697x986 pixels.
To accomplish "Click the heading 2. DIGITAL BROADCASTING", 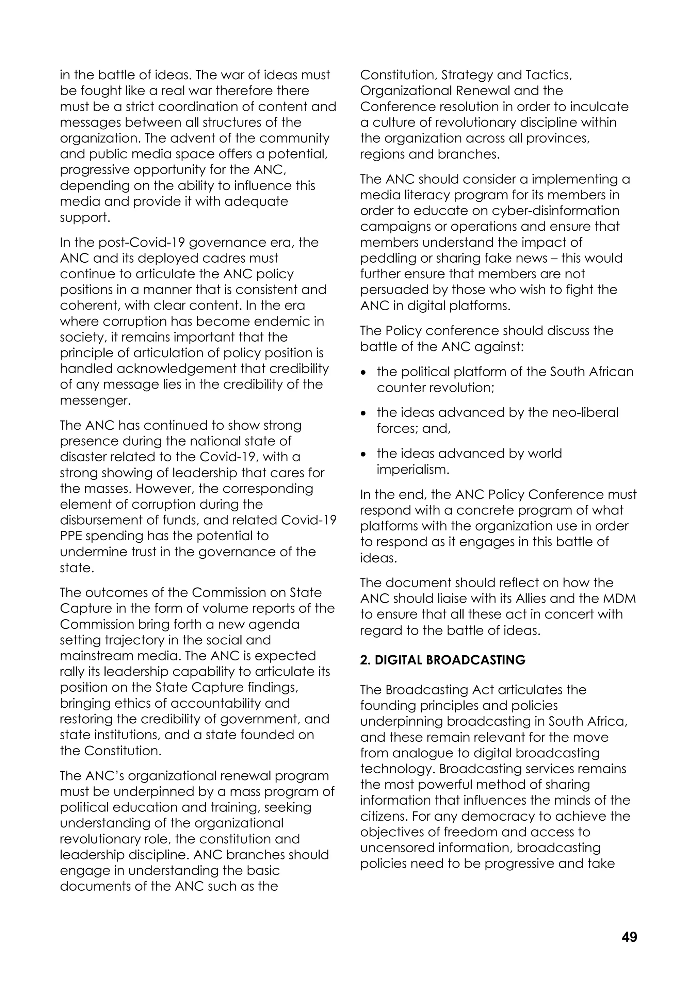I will click(442, 660).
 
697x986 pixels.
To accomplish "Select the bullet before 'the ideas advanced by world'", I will click(364, 454).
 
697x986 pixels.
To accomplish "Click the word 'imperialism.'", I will click(413, 470).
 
